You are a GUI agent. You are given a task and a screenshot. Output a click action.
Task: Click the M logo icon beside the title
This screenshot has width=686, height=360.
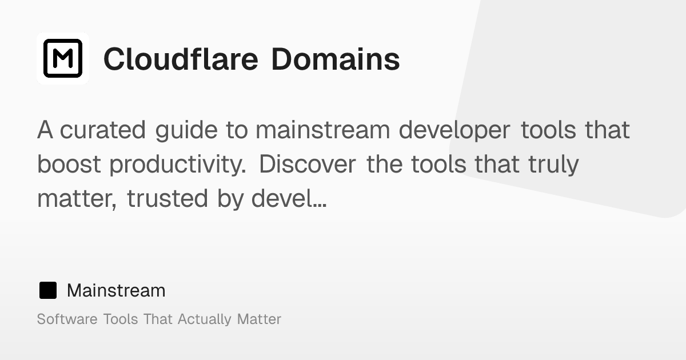pyautogui.click(x=63, y=58)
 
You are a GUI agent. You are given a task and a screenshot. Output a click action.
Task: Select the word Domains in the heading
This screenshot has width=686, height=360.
pyautogui.click(x=335, y=58)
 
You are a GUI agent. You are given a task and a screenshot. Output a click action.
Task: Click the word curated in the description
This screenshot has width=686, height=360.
pyautogui.click(x=103, y=130)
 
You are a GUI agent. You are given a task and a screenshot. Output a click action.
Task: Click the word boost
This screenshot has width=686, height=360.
pyautogui.click(x=69, y=165)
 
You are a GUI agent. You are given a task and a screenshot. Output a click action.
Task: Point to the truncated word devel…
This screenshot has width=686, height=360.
pyautogui.click(x=289, y=199)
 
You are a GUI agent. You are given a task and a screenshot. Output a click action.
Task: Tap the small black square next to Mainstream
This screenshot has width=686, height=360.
pyautogui.click(x=48, y=290)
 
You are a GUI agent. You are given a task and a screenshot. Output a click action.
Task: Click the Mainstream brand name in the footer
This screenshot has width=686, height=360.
pyautogui.click(x=116, y=290)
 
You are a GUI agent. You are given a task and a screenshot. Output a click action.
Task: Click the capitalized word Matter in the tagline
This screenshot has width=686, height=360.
pyautogui.click(x=259, y=319)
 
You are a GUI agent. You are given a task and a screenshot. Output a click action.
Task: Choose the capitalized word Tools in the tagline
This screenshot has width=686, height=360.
pyautogui.click(x=121, y=319)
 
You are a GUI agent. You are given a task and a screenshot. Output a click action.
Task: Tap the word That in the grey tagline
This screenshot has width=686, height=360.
pyautogui.click(x=158, y=319)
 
